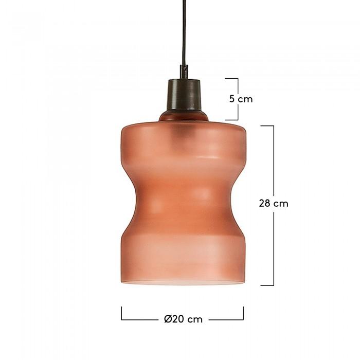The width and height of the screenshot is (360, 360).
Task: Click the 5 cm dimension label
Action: (x=241, y=99)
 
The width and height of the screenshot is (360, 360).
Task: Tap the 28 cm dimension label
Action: (x=274, y=204)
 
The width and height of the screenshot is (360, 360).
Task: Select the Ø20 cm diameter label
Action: (x=184, y=319)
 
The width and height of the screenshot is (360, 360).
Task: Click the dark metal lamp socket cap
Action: (x=184, y=95)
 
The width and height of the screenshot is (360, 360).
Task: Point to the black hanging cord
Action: (x=184, y=32)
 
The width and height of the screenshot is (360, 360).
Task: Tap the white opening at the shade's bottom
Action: (x=183, y=282)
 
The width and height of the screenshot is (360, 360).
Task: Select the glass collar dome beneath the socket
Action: (x=184, y=116)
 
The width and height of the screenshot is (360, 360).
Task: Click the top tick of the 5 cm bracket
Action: (x=231, y=79)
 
